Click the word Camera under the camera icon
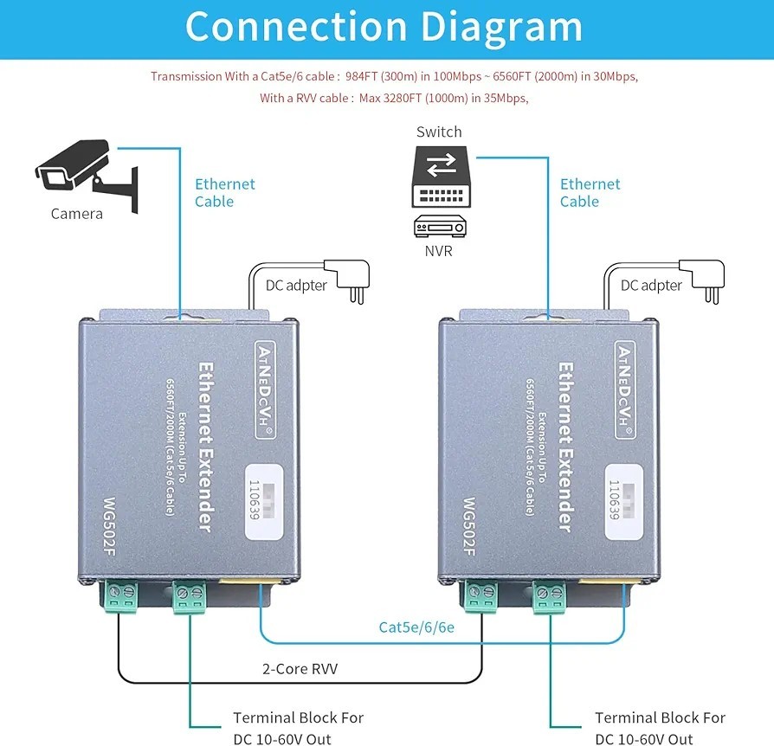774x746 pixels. tap(77, 214)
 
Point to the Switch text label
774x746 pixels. tap(439, 132)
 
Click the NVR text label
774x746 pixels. tap(438, 252)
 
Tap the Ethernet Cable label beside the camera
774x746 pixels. tap(224, 192)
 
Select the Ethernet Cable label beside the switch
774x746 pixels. tap(590, 192)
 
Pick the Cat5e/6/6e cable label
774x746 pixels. tap(416, 627)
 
